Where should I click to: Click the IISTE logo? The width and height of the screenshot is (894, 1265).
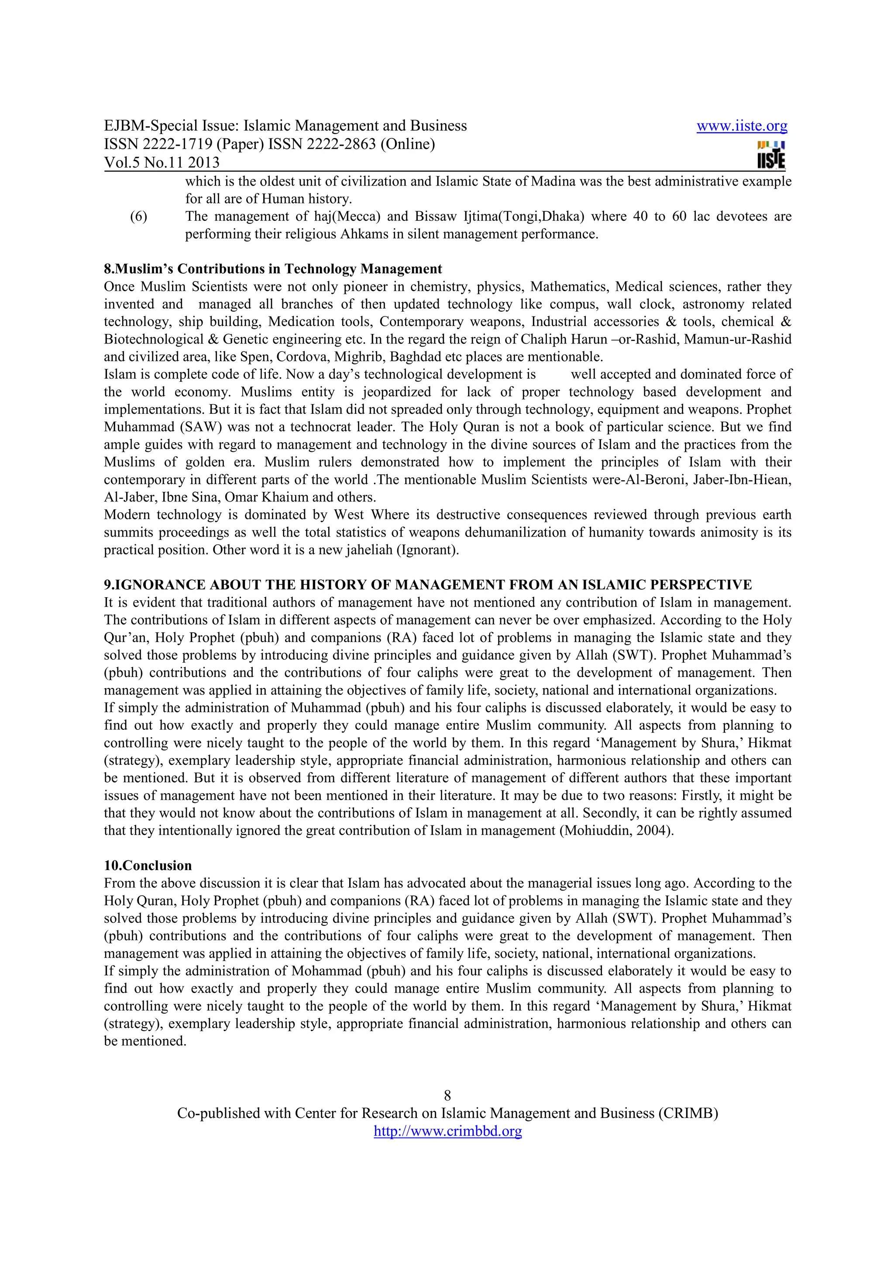pyautogui.click(x=771, y=155)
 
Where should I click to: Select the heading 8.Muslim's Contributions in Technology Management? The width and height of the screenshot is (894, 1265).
pyautogui.click(x=273, y=269)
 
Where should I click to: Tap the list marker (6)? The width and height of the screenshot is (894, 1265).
pyautogui.click(x=138, y=217)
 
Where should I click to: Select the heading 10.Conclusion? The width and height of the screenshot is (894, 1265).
pyautogui.click(x=148, y=866)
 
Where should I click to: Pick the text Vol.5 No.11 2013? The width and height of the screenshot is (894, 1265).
pyautogui.click(x=162, y=162)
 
